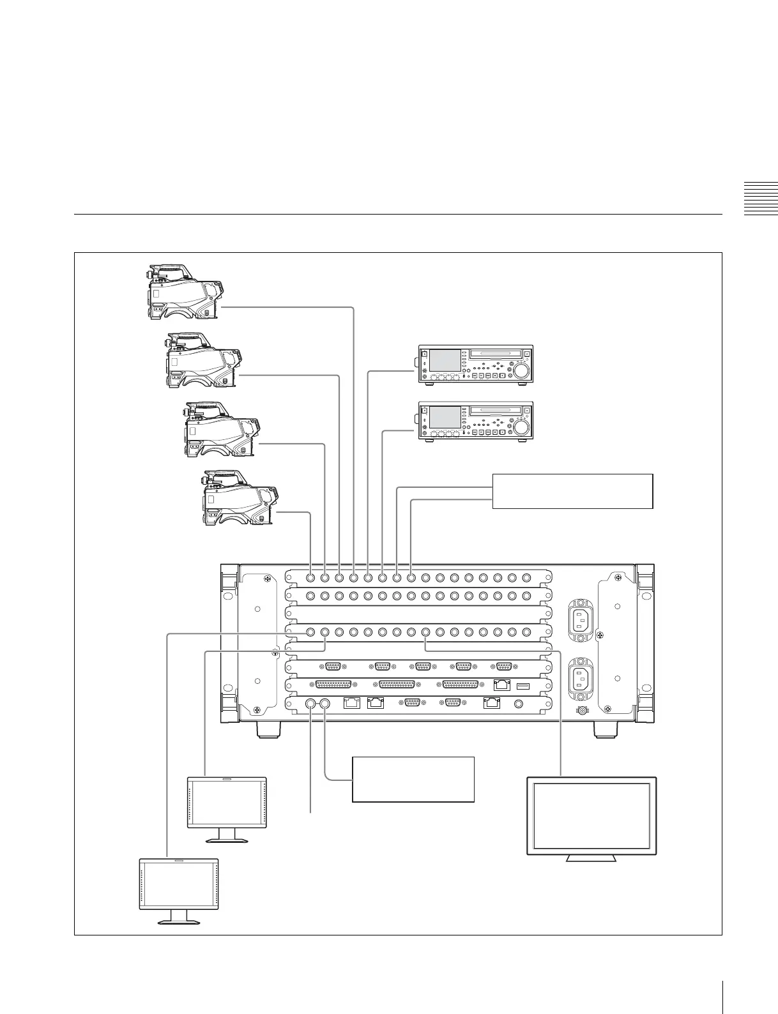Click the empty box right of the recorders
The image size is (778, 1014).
[572, 491]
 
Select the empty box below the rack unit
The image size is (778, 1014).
[413, 779]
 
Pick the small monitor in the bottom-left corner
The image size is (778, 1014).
[179, 887]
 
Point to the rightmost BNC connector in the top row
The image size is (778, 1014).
[526, 578]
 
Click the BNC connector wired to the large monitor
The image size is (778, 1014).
[426, 632]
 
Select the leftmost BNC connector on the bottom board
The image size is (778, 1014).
[311, 704]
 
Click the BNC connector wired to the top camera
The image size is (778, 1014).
[354, 578]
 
